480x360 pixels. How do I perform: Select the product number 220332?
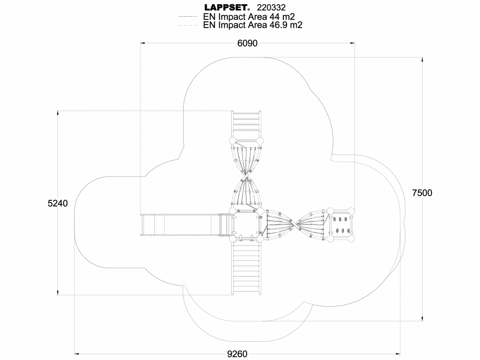(x=272, y=7)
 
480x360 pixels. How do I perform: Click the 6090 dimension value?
(x=247, y=43)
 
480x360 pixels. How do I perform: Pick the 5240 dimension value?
(x=57, y=203)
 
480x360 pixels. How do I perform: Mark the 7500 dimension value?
(x=422, y=193)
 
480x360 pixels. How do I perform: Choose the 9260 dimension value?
(x=237, y=354)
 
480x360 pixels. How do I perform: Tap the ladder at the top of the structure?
(x=246, y=124)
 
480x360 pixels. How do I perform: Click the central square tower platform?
(x=246, y=225)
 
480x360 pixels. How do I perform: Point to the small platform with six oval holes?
(x=341, y=225)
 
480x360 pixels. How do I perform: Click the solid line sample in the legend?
(x=187, y=17)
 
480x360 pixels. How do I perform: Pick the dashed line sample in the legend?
(x=187, y=25)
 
